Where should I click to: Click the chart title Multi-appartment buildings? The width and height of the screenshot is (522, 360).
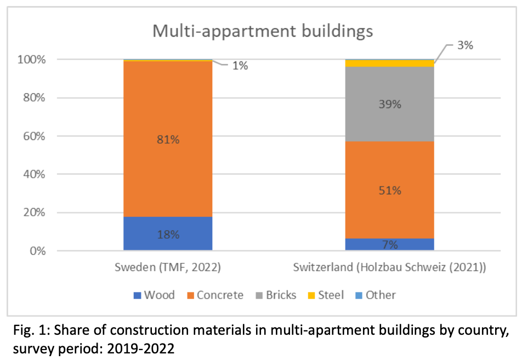tap(262, 31)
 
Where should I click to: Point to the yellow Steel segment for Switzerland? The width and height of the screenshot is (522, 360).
tap(389, 64)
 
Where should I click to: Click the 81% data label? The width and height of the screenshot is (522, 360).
tap(167, 139)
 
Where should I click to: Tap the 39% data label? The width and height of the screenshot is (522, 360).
tap(389, 104)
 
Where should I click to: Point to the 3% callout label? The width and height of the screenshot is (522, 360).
tap(465, 46)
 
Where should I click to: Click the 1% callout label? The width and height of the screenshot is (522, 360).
tap(240, 66)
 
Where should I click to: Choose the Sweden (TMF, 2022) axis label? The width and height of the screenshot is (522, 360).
tap(167, 268)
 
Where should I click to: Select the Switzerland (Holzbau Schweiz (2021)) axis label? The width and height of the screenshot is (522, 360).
tap(389, 268)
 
